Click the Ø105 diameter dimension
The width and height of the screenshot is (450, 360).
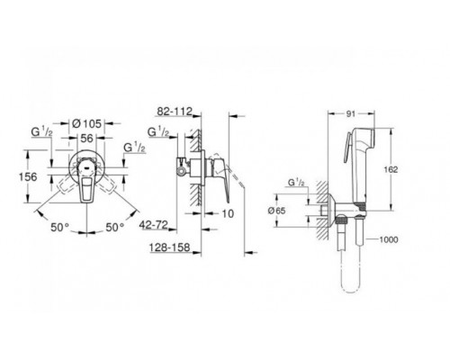point(87,123)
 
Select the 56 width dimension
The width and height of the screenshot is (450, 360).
point(86,138)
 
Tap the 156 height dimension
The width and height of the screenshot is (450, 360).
point(28,176)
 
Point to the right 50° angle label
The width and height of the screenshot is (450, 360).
point(114,227)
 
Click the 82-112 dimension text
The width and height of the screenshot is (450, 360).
point(175,112)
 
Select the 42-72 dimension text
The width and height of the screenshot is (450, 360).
point(153,225)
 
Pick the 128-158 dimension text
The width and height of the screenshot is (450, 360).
point(170,247)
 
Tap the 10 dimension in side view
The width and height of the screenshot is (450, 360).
point(228,213)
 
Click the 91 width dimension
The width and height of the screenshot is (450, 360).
point(351,113)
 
